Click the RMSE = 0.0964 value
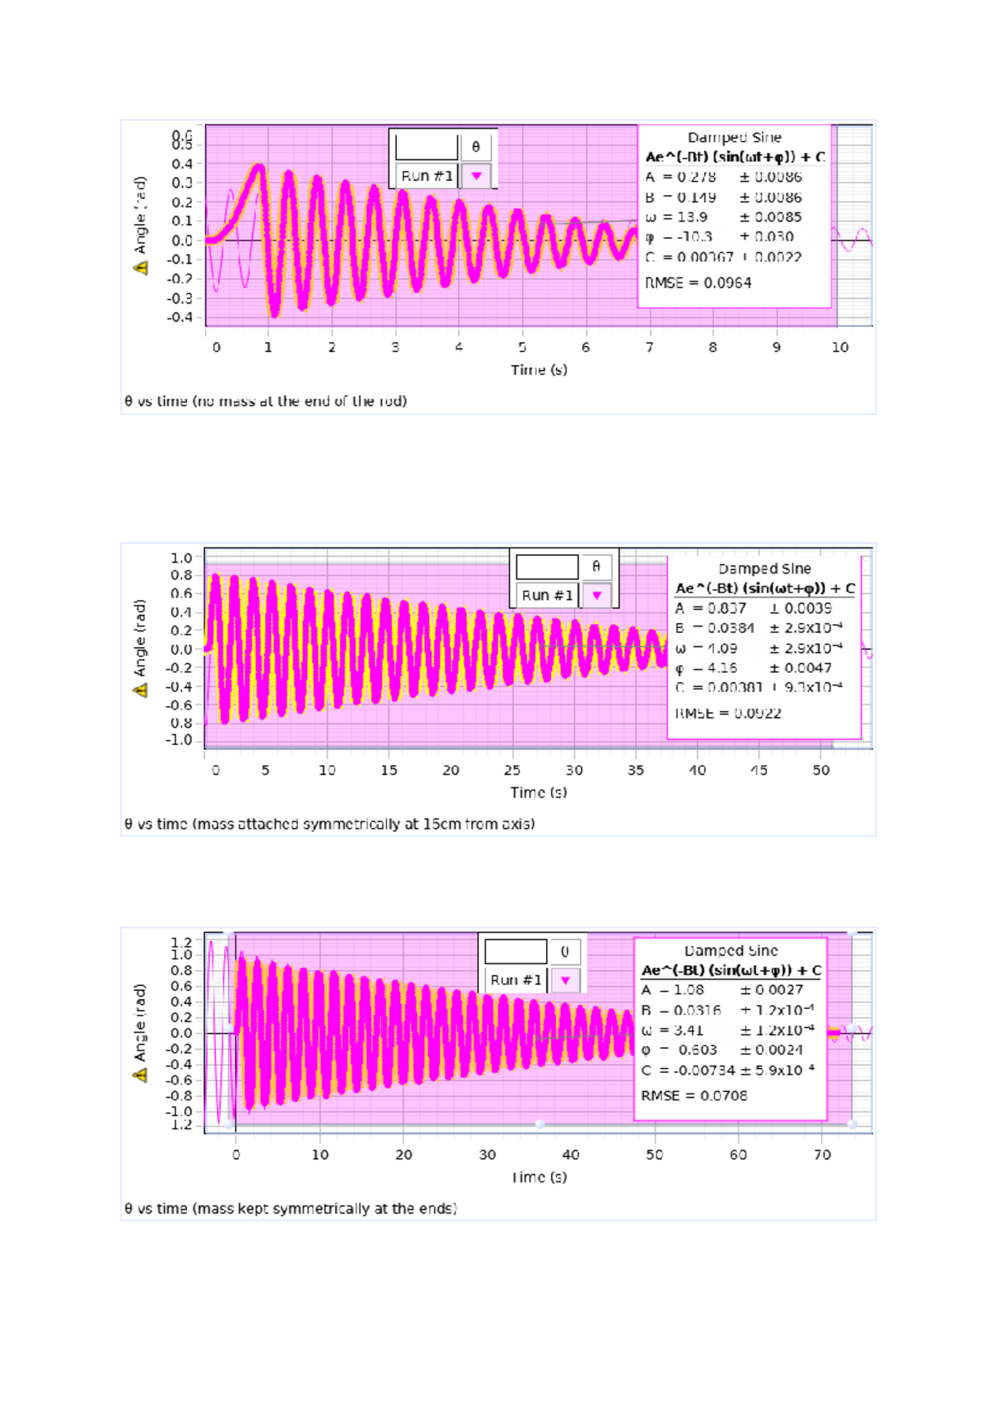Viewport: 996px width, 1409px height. click(x=698, y=283)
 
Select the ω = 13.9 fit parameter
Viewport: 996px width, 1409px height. click(x=676, y=217)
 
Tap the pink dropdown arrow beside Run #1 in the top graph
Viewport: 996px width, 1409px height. click(x=476, y=176)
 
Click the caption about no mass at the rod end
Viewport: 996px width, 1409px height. click(x=266, y=402)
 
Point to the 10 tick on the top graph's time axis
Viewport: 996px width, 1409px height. click(x=840, y=348)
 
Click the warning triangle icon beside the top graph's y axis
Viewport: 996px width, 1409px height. click(x=140, y=268)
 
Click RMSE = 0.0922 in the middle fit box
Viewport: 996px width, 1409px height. click(x=728, y=714)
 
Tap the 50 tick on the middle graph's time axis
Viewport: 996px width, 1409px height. click(x=821, y=771)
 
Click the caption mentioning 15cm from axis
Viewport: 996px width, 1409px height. click(x=330, y=825)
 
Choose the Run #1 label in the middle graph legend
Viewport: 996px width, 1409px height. click(x=546, y=596)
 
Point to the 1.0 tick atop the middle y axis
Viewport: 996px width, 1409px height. click(x=181, y=558)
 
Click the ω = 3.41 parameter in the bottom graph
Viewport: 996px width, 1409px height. click(x=672, y=1031)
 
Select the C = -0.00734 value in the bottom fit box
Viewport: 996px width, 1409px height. click(x=688, y=1070)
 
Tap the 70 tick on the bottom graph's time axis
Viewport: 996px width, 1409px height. click(x=822, y=1155)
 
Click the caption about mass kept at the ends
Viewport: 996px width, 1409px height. click(x=290, y=1209)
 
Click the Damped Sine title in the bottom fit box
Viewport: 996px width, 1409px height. click(x=730, y=951)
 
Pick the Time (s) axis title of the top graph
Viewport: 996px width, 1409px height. click(x=539, y=370)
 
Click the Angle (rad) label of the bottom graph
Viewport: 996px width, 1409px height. click(x=140, y=1022)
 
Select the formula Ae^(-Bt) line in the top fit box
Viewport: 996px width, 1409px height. click(x=735, y=157)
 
